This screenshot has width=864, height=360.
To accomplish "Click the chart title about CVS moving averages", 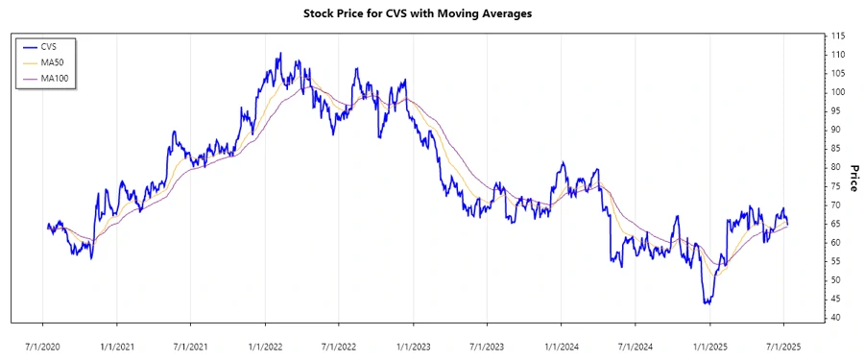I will coord(431,14).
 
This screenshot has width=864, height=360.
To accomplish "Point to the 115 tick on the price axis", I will coord(838,36).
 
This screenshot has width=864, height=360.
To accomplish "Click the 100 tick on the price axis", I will coord(838,92).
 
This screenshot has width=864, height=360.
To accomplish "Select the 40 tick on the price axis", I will coord(835,318).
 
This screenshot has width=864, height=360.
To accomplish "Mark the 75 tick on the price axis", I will coord(835,186).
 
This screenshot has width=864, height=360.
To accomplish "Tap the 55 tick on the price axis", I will coord(835,261).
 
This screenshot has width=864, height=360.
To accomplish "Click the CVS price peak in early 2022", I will coord(279,54).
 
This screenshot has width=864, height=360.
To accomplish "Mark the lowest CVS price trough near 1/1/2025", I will coord(707,303).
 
